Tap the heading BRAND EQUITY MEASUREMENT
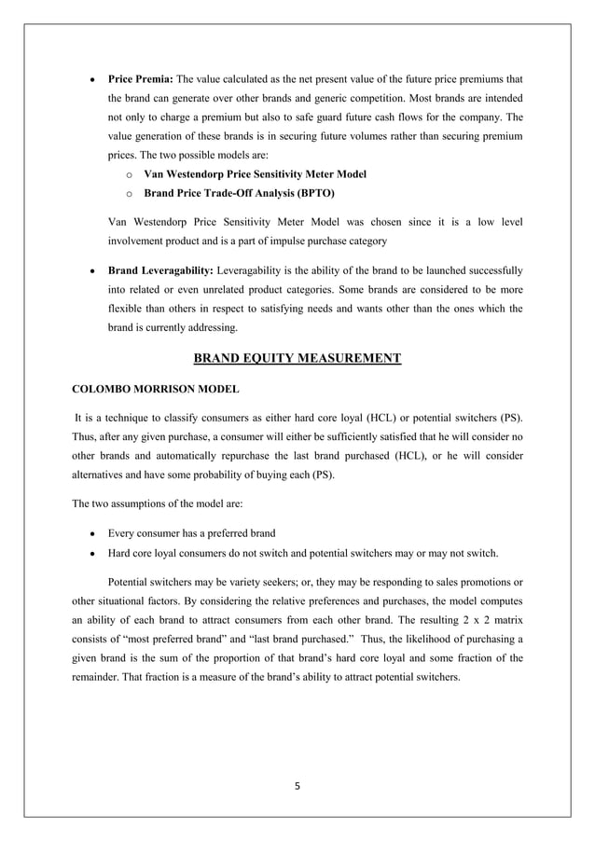297,358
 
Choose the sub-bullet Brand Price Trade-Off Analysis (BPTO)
239,194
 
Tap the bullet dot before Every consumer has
90,534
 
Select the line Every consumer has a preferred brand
191,533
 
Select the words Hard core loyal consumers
173,553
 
